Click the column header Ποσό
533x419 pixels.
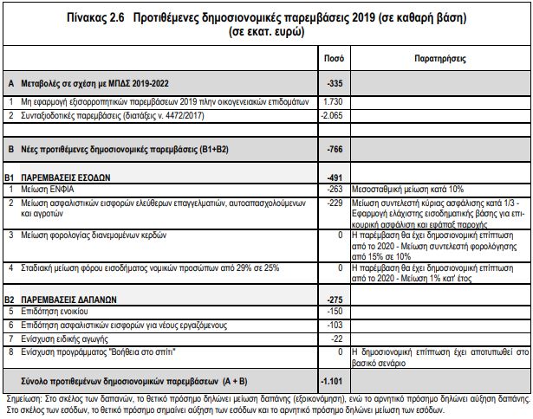tap(334, 59)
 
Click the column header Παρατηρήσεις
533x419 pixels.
tap(442, 59)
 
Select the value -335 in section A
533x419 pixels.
tap(335, 84)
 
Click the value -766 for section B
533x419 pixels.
tap(335, 149)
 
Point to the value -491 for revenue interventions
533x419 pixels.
tap(335, 176)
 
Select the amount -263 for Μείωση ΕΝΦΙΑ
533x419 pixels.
tap(335, 188)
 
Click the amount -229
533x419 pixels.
tap(335, 201)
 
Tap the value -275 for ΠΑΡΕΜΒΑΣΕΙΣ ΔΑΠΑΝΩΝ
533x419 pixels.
tap(335, 299)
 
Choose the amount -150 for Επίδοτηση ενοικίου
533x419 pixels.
tap(335, 311)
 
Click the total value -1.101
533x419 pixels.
tap(334, 379)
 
